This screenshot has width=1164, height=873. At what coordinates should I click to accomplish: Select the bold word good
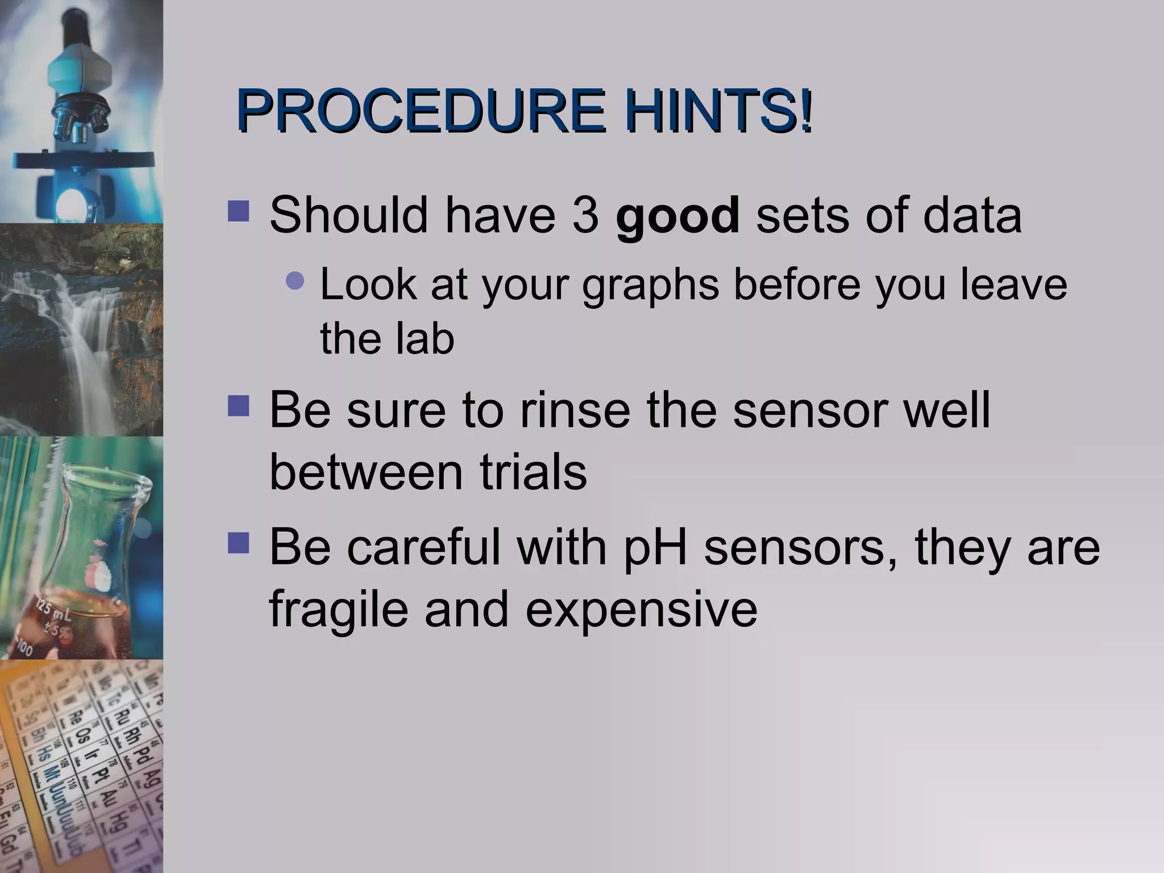[x=677, y=215]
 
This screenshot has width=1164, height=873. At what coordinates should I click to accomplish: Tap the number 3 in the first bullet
[x=585, y=215]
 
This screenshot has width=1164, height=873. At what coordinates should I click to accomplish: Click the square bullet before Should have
[x=238, y=211]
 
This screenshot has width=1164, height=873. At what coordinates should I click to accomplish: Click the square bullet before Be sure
[x=238, y=406]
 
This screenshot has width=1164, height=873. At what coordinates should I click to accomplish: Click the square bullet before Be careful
[x=238, y=543]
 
